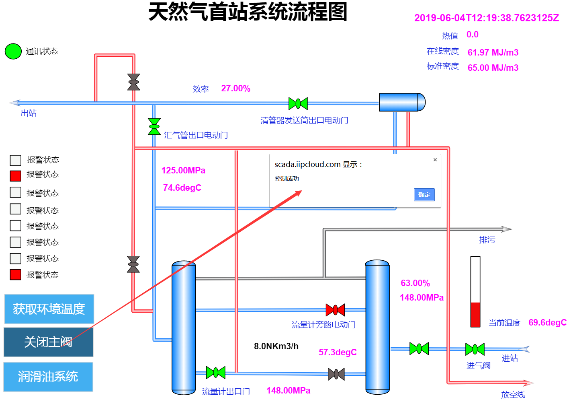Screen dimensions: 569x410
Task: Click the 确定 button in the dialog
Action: click(424, 195)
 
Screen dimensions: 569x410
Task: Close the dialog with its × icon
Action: click(435, 160)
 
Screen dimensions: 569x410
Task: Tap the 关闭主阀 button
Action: click(48, 342)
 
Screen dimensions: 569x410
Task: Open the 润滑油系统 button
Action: click(48, 377)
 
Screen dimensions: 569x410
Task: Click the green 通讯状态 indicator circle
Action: click(13, 52)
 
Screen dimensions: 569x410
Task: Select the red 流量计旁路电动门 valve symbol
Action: click(335, 310)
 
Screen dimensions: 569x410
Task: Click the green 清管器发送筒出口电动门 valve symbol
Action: click(298, 103)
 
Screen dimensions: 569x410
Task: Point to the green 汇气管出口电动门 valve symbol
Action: click(154, 126)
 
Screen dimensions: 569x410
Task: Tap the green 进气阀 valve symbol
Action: click(475, 349)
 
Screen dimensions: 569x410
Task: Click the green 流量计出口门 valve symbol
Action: click(215, 373)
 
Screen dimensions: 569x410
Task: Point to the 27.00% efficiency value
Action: click(236, 89)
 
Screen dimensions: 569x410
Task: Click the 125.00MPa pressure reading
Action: click(183, 171)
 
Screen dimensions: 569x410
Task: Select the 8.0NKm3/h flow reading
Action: click(276, 346)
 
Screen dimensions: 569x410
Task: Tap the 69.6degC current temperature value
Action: click(547, 323)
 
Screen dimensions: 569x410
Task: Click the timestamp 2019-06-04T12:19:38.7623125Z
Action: click(487, 18)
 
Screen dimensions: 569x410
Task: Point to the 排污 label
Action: click(487, 240)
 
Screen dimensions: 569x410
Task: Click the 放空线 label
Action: click(513, 395)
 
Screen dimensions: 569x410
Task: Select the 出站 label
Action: click(29, 113)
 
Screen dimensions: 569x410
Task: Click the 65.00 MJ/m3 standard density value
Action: click(493, 68)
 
